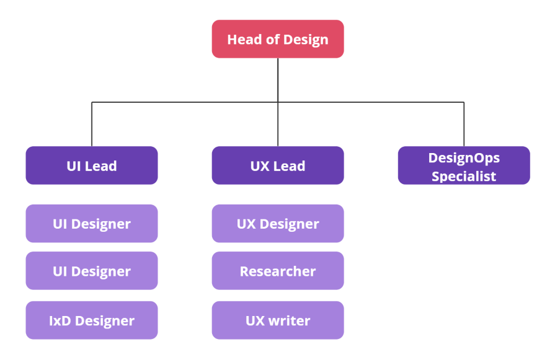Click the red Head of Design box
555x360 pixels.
tap(277, 39)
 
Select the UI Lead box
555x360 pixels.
tap(92, 165)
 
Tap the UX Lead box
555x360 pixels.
tap(277, 165)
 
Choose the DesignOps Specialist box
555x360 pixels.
tap(464, 165)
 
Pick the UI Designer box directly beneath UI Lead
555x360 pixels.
tap(92, 224)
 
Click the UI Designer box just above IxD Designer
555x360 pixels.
tap(92, 271)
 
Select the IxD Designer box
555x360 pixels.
tap(92, 320)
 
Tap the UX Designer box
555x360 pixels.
tap(277, 224)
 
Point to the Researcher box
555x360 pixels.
tap(277, 271)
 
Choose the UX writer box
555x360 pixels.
tap(277, 320)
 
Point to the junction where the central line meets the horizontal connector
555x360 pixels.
tap(278, 102)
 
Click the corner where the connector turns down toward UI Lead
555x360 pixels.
tap(92, 102)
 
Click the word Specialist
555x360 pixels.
tap(464, 176)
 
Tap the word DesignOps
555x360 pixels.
tap(464, 157)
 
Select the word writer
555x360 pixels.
tap(290, 321)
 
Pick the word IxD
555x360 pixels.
tap(60, 321)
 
